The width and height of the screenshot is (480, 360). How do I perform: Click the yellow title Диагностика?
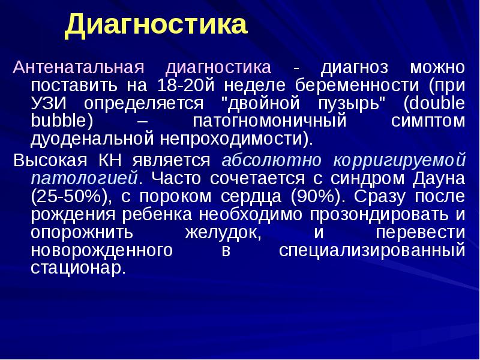coord(156,25)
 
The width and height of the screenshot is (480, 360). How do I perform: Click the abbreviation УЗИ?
coord(49,103)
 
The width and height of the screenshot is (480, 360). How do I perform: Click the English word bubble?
coord(61,121)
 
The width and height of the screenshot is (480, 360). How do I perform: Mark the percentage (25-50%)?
coord(67,196)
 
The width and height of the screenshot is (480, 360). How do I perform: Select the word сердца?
coord(259,196)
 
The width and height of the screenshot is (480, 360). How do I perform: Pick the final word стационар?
coord(78,268)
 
